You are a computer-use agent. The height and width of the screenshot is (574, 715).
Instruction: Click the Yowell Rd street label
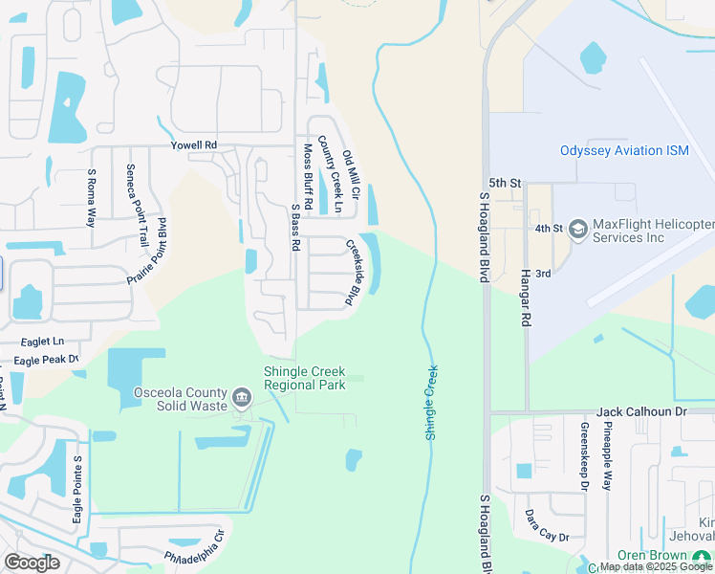pyautogui.click(x=194, y=145)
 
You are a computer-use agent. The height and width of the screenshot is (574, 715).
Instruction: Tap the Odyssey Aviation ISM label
pyautogui.click(x=624, y=150)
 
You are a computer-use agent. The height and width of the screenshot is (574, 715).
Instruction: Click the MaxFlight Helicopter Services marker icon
pyautogui.click(x=577, y=230)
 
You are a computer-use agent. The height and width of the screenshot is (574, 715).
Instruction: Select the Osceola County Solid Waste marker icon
pyautogui.click(x=241, y=397)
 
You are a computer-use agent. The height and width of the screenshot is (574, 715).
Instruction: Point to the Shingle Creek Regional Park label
pyautogui.click(x=305, y=378)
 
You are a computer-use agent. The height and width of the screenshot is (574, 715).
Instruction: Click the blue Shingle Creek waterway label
pyautogui.click(x=431, y=403)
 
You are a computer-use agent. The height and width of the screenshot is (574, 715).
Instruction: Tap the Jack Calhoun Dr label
pyautogui.click(x=642, y=411)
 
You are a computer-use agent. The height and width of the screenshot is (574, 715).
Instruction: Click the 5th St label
pyautogui.click(x=504, y=182)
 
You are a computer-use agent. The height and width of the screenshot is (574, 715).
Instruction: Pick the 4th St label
pyautogui.click(x=548, y=229)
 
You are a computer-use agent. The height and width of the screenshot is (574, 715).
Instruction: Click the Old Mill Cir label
pyautogui.click(x=350, y=175)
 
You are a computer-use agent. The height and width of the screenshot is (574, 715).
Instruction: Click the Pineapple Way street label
pyautogui.click(x=606, y=455)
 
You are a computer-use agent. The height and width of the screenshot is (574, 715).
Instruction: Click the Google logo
pyautogui.click(x=32, y=563)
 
